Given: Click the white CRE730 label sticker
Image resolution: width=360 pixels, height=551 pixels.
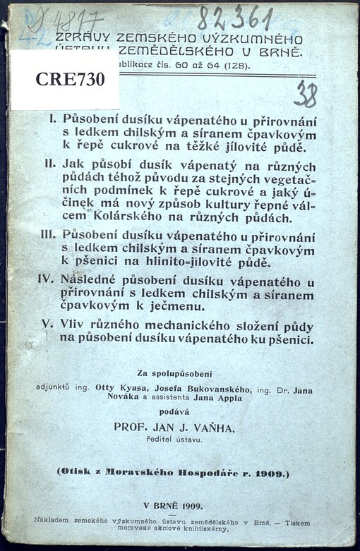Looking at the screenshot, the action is [x=65, y=80].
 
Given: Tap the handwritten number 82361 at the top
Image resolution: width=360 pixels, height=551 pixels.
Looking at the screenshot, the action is [x=234, y=18].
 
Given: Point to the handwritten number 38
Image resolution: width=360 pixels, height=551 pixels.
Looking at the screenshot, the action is [x=305, y=93].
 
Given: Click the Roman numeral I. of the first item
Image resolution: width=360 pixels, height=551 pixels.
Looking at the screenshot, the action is [x=53, y=120].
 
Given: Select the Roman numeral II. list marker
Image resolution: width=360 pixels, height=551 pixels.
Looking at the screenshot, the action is [x=50, y=164].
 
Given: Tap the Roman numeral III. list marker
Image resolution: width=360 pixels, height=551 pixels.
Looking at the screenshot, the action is [x=48, y=235].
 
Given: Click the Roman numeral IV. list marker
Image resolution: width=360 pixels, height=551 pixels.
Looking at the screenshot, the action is [x=47, y=280].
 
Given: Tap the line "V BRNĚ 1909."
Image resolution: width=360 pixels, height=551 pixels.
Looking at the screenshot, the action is [x=173, y=505].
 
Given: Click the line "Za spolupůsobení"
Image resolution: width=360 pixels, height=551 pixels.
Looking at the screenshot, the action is [x=172, y=373].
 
